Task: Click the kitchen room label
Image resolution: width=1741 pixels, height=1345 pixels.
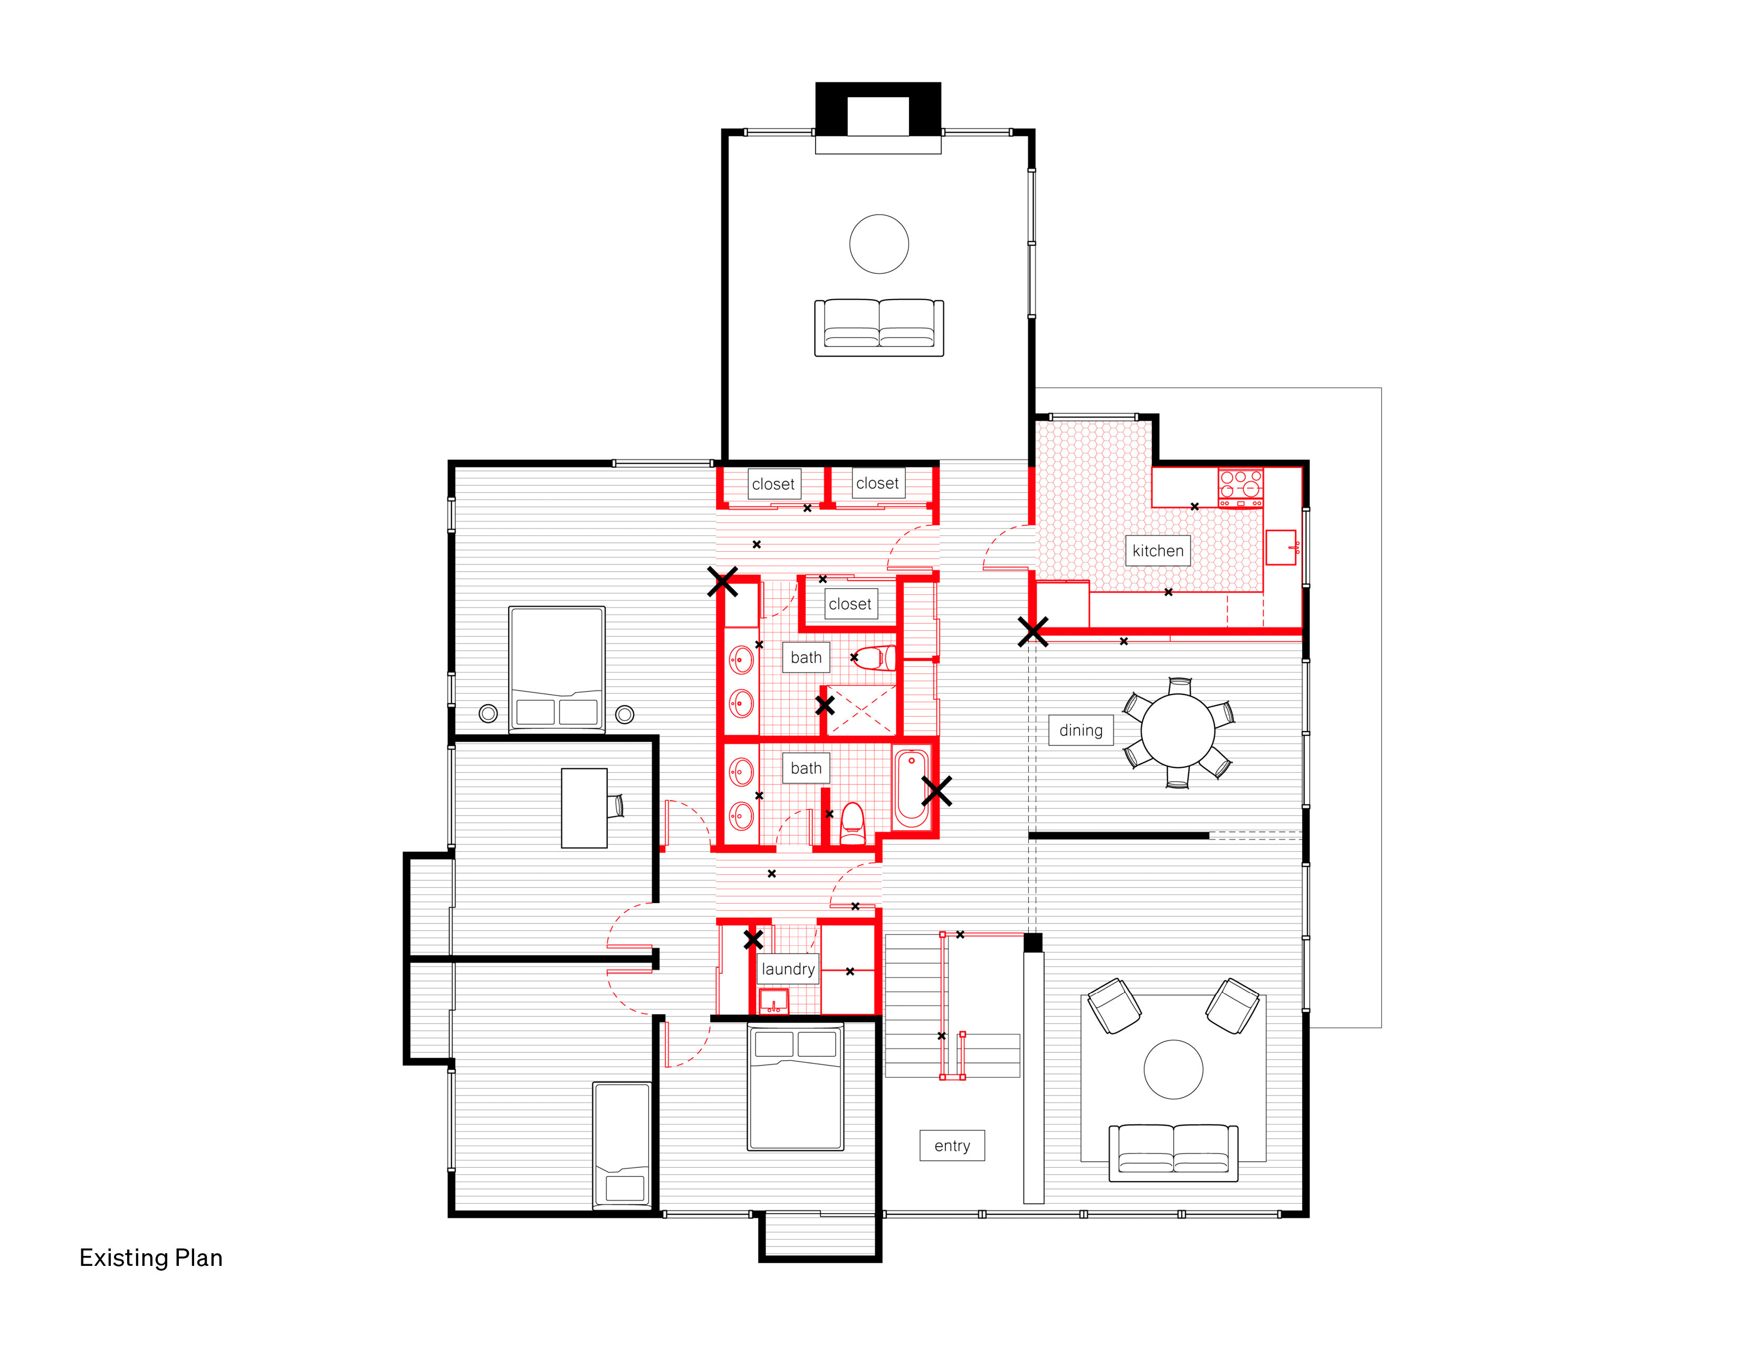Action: [x=1158, y=551]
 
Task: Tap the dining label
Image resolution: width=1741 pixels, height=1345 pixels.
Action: [x=1081, y=730]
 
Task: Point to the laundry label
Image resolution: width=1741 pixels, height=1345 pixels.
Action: [x=788, y=969]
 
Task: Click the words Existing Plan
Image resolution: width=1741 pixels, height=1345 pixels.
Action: [x=151, y=1257]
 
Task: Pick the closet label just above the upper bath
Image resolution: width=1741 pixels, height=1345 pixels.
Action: [x=850, y=604]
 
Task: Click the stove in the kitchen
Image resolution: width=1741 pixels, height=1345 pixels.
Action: [x=1240, y=488]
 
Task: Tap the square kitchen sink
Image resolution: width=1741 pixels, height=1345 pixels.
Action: [x=1281, y=547]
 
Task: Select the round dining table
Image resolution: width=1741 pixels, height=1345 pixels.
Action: [x=1178, y=730]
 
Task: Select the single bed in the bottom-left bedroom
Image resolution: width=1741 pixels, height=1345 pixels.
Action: [x=622, y=1145]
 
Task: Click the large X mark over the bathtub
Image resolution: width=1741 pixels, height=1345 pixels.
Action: [x=936, y=791]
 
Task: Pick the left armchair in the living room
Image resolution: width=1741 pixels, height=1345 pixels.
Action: [x=1114, y=1005]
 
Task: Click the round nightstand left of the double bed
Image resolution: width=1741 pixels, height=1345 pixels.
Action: [x=488, y=713]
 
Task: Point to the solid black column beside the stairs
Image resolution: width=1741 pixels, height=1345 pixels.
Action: [x=1032, y=943]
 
